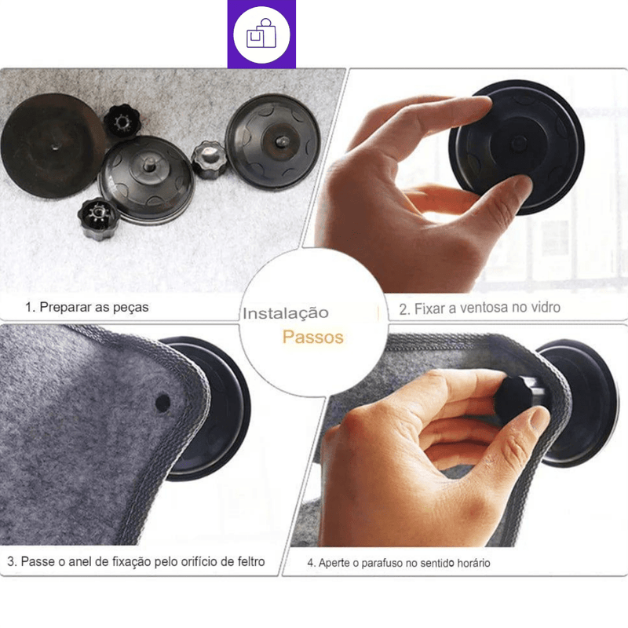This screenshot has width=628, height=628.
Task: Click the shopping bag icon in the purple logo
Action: (x=261, y=34)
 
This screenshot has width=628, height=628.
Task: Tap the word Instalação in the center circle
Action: (x=286, y=313)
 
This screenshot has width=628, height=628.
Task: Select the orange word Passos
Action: (x=312, y=338)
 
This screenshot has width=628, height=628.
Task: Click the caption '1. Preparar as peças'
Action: (x=87, y=307)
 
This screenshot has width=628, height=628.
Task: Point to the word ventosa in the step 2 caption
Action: (x=483, y=308)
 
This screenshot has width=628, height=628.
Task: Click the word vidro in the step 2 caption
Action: (x=546, y=307)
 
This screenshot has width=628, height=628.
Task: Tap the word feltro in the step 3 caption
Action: (x=250, y=561)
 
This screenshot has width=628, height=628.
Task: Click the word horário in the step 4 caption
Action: (x=474, y=563)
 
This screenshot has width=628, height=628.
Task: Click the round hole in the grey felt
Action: (x=162, y=402)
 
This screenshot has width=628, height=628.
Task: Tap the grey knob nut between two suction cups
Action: (x=209, y=159)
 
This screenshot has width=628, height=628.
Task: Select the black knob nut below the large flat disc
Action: (x=122, y=120)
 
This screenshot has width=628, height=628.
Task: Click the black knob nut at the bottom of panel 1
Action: (x=98, y=218)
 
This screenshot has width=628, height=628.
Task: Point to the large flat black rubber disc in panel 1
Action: (x=53, y=146)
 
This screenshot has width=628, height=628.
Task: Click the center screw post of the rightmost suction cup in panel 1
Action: (x=282, y=141)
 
